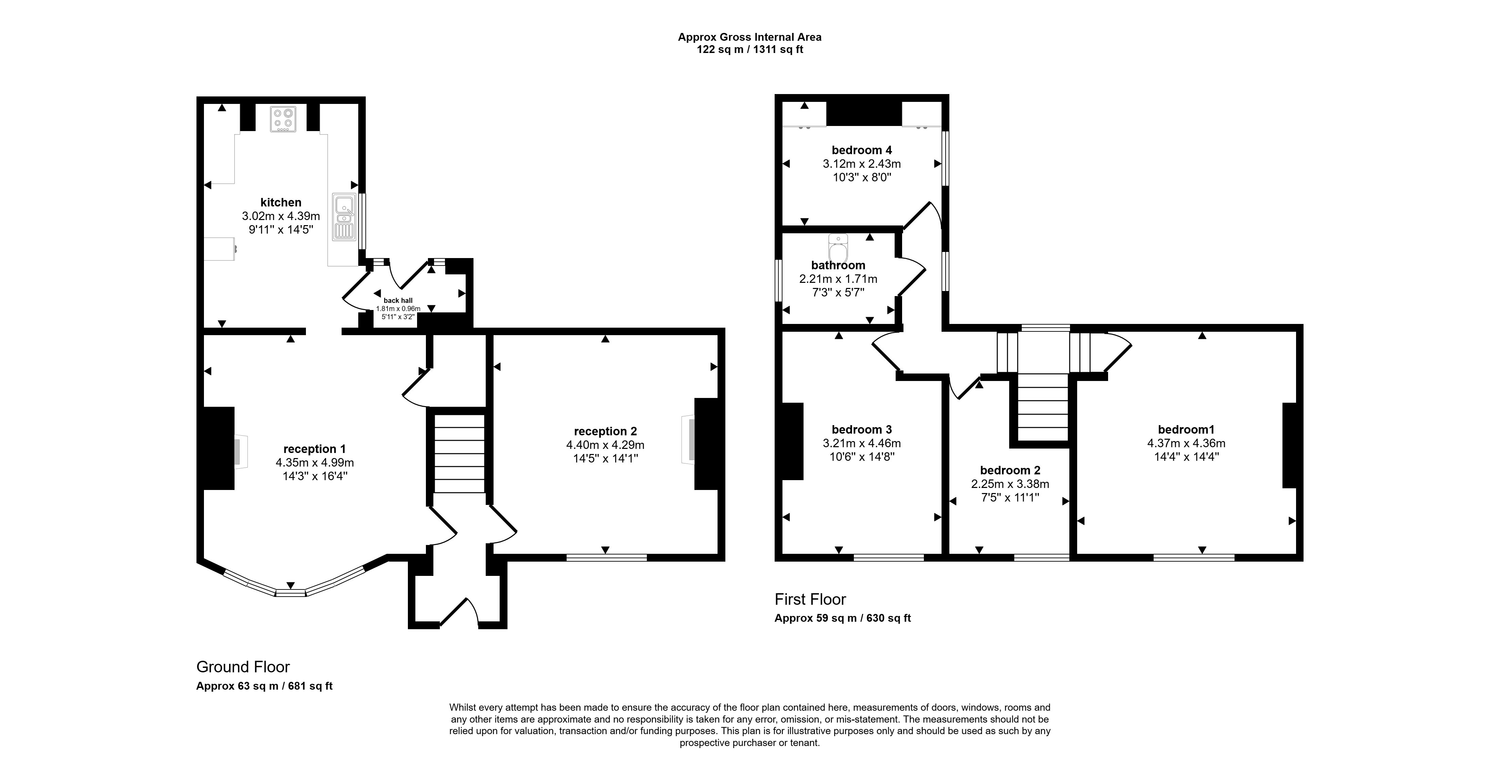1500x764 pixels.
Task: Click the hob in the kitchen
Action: [283, 119]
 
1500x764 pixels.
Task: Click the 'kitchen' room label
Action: [281, 202]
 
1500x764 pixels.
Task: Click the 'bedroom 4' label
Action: [861, 150]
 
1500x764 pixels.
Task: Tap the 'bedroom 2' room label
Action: [1010, 470]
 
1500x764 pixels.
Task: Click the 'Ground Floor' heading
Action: [243, 667]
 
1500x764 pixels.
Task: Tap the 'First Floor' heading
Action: [810, 599]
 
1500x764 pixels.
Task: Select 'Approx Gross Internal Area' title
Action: [749, 37]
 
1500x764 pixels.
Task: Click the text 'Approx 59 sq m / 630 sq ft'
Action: [842, 618]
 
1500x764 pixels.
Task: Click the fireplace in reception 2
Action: [688, 439]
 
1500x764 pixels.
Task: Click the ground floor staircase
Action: [460, 454]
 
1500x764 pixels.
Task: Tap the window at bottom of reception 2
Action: [606, 558]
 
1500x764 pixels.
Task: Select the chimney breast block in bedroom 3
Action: [793, 441]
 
